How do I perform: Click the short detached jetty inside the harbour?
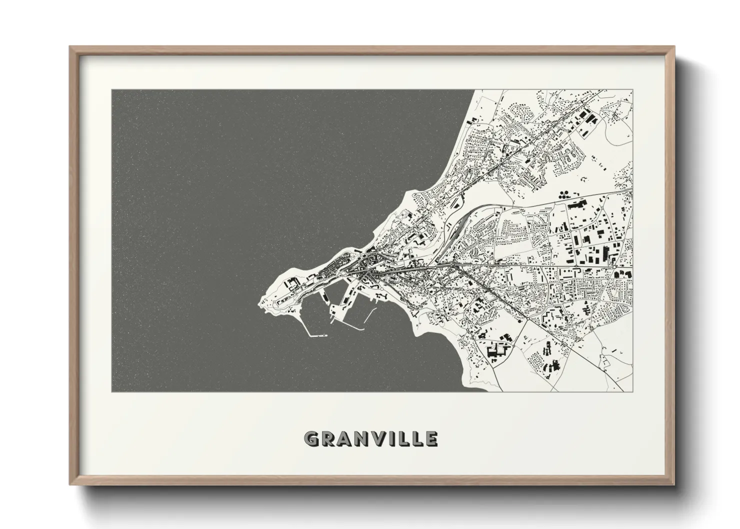[369, 315]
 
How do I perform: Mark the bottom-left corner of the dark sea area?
[112, 390]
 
